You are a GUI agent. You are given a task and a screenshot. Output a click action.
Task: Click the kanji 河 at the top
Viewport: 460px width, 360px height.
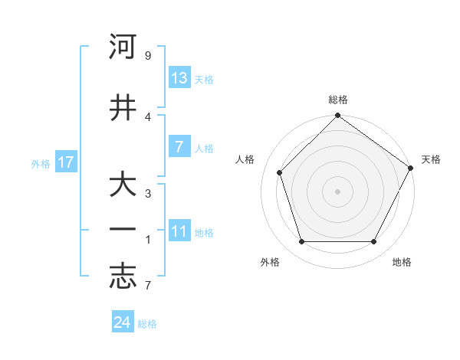pyautogui.click(x=123, y=47)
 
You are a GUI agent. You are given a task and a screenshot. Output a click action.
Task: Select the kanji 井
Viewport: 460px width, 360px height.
pyautogui.click(x=123, y=107)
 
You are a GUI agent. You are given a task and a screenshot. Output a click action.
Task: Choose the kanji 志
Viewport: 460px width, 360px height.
pyautogui.click(x=123, y=277)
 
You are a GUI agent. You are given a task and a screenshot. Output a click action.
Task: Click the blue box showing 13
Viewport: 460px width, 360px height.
pyautogui.click(x=179, y=77)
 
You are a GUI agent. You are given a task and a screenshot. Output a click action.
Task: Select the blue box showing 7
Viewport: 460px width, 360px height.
pyautogui.click(x=179, y=147)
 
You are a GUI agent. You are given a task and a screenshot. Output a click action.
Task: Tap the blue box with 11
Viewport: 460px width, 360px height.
pyautogui.click(x=179, y=231)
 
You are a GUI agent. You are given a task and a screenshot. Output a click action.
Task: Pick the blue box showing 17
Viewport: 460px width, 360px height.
pyautogui.click(x=66, y=162)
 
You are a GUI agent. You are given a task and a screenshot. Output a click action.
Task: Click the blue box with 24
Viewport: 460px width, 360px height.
pyautogui.click(x=123, y=322)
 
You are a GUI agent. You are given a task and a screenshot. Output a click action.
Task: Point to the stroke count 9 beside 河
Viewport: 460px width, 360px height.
pyautogui.click(x=148, y=56)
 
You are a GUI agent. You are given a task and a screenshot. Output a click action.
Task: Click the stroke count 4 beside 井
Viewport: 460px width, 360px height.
pyautogui.click(x=148, y=116)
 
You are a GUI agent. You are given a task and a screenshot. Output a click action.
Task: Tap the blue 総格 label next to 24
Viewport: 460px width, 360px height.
pyautogui.click(x=147, y=324)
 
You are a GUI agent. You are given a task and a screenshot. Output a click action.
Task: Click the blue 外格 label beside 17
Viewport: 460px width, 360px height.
pyautogui.click(x=41, y=163)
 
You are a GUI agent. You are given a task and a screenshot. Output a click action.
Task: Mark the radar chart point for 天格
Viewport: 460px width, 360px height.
pyautogui.click(x=411, y=168)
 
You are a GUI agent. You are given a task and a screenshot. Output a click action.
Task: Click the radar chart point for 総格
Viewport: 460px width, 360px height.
pyautogui.click(x=337, y=116)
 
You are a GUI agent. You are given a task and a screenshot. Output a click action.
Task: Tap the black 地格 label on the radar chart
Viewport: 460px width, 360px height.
pyautogui.click(x=402, y=262)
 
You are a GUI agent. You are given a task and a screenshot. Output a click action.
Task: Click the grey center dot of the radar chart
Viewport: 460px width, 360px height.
pyautogui.click(x=337, y=191)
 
